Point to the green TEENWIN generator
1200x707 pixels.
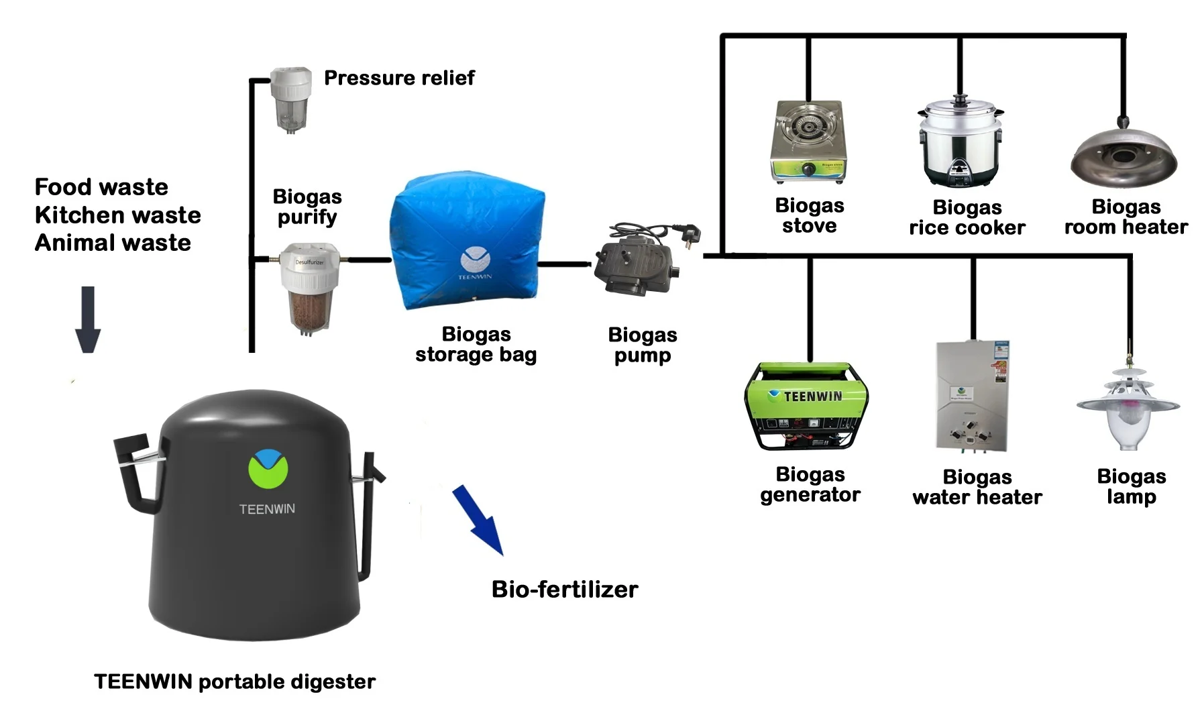pos(806,406)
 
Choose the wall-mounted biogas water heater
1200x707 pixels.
pos(972,396)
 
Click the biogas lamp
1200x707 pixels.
pos(1128,409)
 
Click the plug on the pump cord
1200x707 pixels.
pos(691,235)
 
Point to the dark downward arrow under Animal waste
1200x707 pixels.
pos(88,319)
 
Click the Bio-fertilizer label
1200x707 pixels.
pos(564,590)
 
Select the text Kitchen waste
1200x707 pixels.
pos(117,215)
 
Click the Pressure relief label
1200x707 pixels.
pos(399,78)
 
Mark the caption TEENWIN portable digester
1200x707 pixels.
pos(235,682)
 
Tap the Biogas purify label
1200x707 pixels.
pos(307,207)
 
